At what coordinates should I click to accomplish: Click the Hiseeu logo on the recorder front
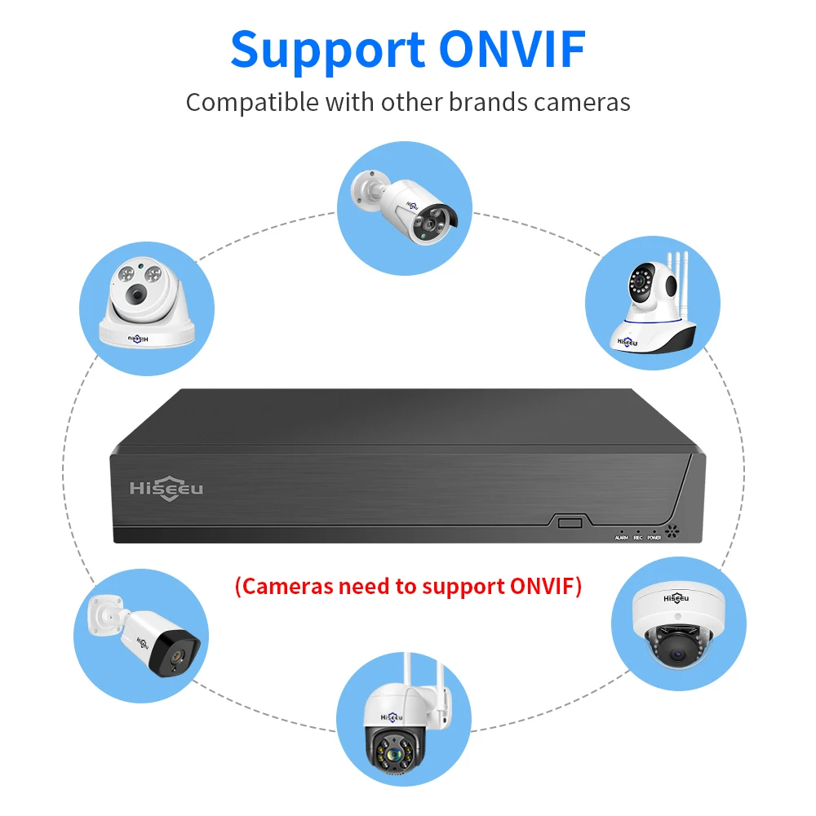(166, 490)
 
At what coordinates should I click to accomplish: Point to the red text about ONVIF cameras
(408, 586)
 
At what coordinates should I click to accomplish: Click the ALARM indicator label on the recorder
(622, 538)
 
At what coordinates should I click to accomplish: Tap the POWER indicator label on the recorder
(654, 538)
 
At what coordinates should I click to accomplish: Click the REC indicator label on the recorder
(638, 538)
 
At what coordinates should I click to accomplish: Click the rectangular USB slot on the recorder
(569, 521)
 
